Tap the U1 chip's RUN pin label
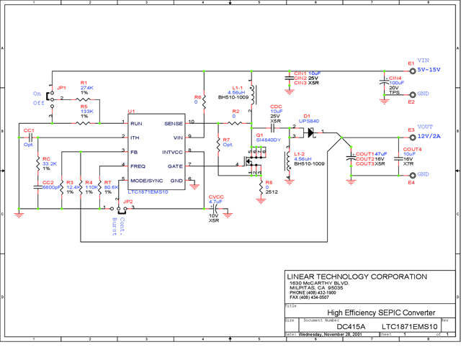coord(136,124)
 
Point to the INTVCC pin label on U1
coord(173,152)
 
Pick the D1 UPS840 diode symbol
coord(310,132)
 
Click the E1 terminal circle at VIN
coord(413,70)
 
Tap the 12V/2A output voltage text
coord(431,136)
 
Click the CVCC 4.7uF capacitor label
coord(215,199)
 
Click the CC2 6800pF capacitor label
coord(50,185)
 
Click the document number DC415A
coord(351,326)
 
